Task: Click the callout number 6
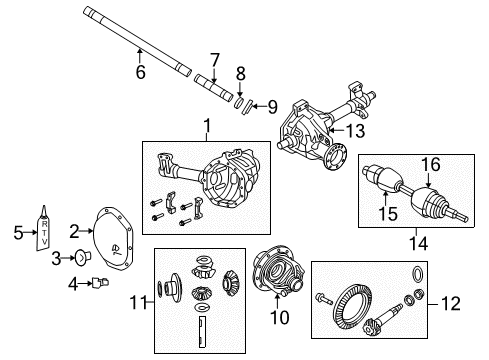(140, 71)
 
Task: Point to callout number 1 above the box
(207, 127)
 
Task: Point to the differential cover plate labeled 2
(109, 237)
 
